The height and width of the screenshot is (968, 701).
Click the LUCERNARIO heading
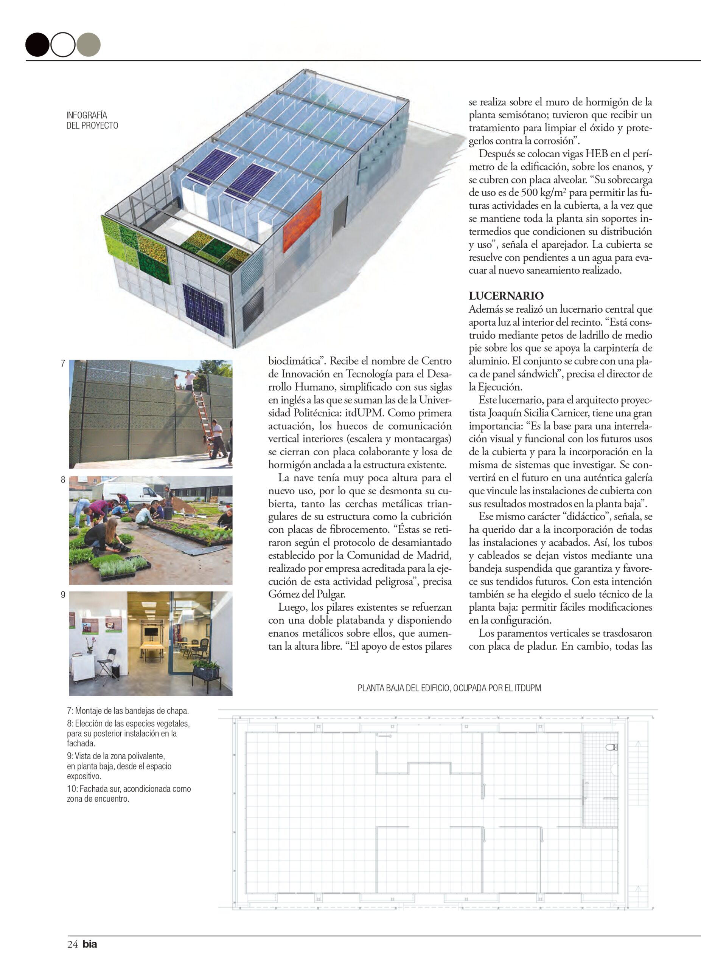click(506, 296)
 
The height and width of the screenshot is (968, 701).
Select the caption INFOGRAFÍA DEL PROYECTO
click(92, 120)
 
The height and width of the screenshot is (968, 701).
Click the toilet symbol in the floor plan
click(611, 747)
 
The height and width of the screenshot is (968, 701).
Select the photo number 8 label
click(63, 480)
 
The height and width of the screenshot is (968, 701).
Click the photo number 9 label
click(63, 595)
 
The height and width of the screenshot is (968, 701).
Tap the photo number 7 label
click(63, 364)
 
